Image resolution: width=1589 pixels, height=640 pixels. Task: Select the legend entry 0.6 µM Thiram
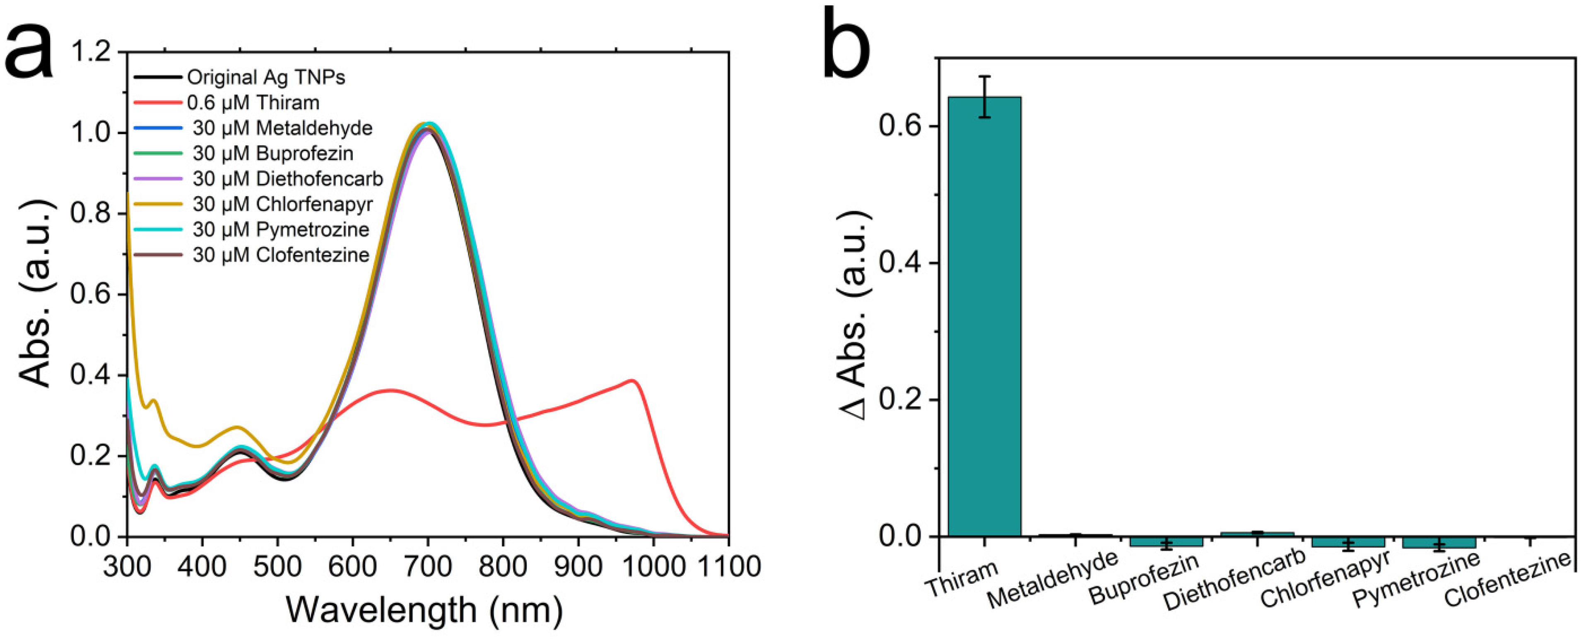[253, 102]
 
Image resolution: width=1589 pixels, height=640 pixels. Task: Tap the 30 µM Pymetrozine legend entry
[281, 229]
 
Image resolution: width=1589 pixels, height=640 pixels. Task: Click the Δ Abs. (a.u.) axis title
[856, 315]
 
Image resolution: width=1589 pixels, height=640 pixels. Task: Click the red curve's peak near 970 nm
[632, 380]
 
